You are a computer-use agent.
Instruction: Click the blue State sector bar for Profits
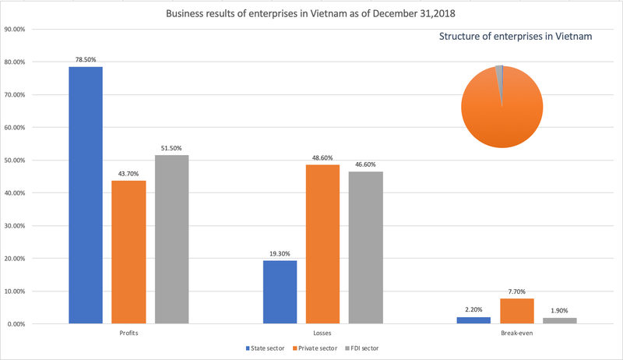pyautogui.click(x=86, y=195)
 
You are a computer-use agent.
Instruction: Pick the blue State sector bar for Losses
pyautogui.click(x=280, y=291)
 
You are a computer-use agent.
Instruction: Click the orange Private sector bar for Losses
pyautogui.click(x=322, y=244)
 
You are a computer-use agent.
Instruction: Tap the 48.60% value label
pyautogui.click(x=322, y=157)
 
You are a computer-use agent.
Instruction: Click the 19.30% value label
pyautogui.click(x=280, y=252)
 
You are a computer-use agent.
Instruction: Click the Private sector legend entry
pyautogui.click(x=315, y=348)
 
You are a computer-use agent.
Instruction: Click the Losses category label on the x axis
pyautogui.click(x=322, y=333)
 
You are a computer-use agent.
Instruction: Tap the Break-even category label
pyautogui.click(x=517, y=333)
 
